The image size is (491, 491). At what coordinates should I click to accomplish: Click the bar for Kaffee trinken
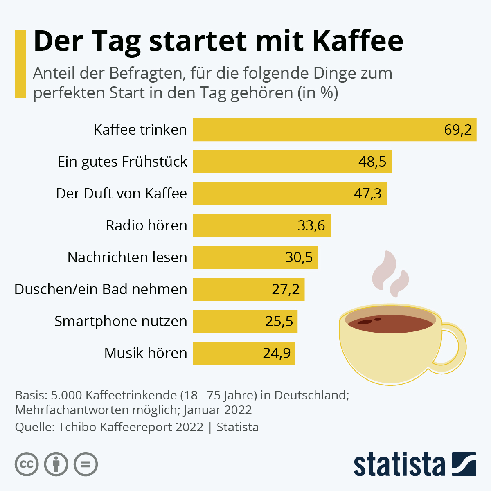[335, 130]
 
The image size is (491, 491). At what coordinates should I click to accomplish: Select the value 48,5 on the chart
[372, 162]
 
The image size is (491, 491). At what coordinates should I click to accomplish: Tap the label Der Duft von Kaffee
[121, 194]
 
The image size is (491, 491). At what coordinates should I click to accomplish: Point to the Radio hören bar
[262, 225]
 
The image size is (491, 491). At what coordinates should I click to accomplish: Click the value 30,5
[299, 257]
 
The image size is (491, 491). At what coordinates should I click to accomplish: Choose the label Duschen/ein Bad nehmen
[101, 289]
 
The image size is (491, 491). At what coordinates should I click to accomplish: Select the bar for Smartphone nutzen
[245, 321]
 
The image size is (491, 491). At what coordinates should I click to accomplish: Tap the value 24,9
[277, 353]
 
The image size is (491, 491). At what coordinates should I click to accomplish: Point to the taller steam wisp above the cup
[385, 270]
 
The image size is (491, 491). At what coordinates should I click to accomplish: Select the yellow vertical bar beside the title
[20, 64]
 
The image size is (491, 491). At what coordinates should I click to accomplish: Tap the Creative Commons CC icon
[27, 464]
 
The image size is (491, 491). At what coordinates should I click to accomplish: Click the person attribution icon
[56, 464]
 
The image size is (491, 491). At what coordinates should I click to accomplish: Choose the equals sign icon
[86, 464]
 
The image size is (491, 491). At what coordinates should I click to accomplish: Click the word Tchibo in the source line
[77, 427]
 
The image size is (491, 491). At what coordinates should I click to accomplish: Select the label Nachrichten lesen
[127, 257]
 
